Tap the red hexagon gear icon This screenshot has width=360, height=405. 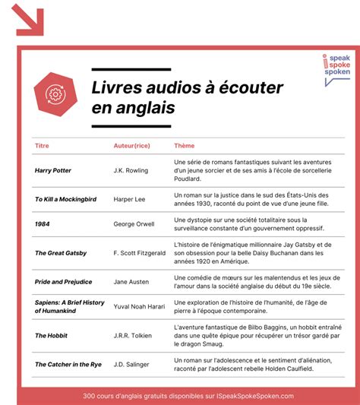click(55, 93)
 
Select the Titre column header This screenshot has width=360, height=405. click(42, 145)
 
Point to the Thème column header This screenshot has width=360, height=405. click(184, 145)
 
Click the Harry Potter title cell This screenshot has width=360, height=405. click(52, 170)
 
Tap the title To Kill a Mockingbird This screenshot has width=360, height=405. click(65, 199)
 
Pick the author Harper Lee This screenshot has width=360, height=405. click(131, 199)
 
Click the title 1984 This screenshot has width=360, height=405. click(43, 224)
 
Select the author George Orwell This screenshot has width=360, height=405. click(134, 224)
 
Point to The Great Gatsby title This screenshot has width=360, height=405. click(61, 252)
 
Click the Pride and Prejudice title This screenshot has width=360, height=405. click(64, 281)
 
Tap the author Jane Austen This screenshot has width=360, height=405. click(131, 281)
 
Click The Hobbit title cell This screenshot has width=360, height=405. click(50, 335)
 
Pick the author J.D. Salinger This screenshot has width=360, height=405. click(132, 364)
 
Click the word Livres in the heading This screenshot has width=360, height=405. click(118, 87)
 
